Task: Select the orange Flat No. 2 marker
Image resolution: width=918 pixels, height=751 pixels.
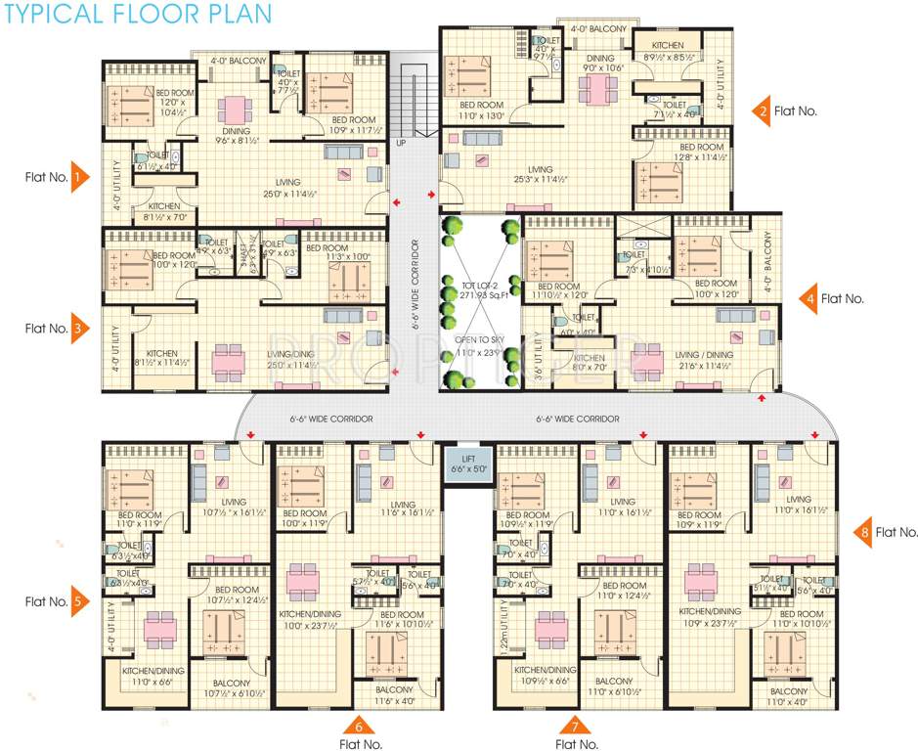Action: pyautogui.click(x=762, y=111)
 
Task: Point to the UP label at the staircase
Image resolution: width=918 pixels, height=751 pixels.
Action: pyautogui.click(x=400, y=144)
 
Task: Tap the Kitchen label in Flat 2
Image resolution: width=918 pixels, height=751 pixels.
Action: pyautogui.click(x=668, y=46)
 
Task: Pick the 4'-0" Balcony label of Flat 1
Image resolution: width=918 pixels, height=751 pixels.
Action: pyautogui.click(x=238, y=61)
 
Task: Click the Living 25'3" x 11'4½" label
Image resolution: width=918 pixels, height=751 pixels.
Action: pyautogui.click(x=527, y=174)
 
